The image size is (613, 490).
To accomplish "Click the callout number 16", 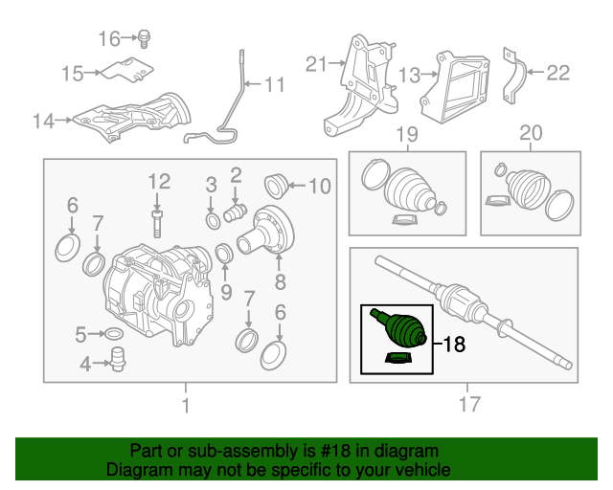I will (109, 38).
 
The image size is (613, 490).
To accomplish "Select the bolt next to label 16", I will (144, 38).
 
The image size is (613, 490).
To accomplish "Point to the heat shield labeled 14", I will (134, 115).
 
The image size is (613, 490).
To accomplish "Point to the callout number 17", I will (468, 405).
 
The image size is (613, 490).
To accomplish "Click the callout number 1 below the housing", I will (185, 405).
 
